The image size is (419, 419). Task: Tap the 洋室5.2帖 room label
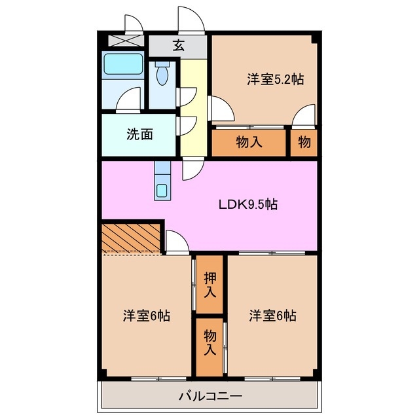click(275, 80)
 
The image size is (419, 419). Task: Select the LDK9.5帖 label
click(247, 204)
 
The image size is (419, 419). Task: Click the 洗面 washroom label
click(139, 135)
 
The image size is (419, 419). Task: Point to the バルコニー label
click(210, 396)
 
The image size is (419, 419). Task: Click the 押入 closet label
click(209, 285)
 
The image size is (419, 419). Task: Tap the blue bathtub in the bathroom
click(123, 65)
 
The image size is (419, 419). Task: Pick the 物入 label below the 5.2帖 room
click(249, 141)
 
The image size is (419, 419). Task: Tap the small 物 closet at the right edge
click(304, 141)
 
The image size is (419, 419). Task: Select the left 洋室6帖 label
click(147, 316)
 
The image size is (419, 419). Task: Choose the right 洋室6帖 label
click(272, 316)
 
